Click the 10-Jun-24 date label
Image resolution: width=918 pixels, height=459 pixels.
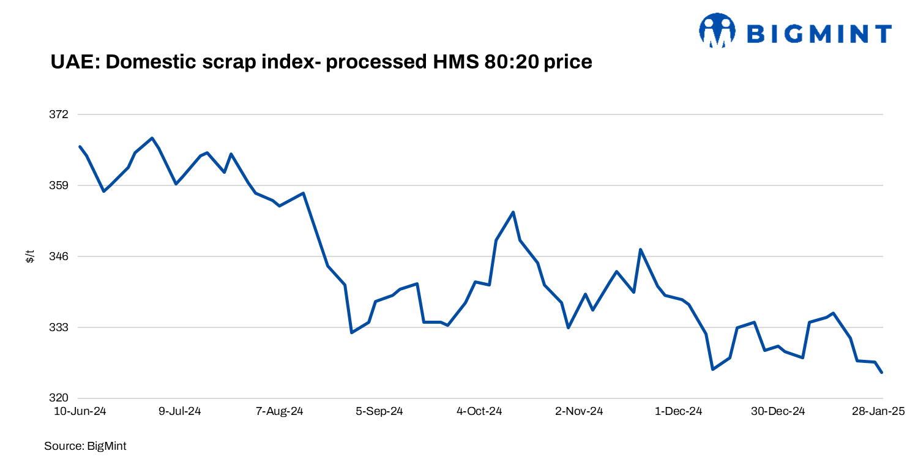click(x=80, y=411)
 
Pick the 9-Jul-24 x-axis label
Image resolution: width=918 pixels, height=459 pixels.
click(x=180, y=411)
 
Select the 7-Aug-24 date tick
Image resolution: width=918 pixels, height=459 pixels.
click(x=280, y=411)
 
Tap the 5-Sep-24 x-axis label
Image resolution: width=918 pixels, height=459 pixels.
click(x=379, y=411)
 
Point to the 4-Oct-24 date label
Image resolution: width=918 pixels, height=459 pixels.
click(x=479, y=411)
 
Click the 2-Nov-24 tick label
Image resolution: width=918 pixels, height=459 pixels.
click(x=579, y=411)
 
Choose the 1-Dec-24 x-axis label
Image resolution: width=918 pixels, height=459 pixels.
click(x=679, y=411)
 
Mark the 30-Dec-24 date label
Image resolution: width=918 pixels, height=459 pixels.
click(x=778, y=411)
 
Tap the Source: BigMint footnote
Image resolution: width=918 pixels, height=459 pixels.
click(x=85, y=446)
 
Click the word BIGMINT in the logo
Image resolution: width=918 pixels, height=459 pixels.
click(x=819, y=34)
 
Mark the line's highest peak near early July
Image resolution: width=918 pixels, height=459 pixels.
click(x=152, y=138)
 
